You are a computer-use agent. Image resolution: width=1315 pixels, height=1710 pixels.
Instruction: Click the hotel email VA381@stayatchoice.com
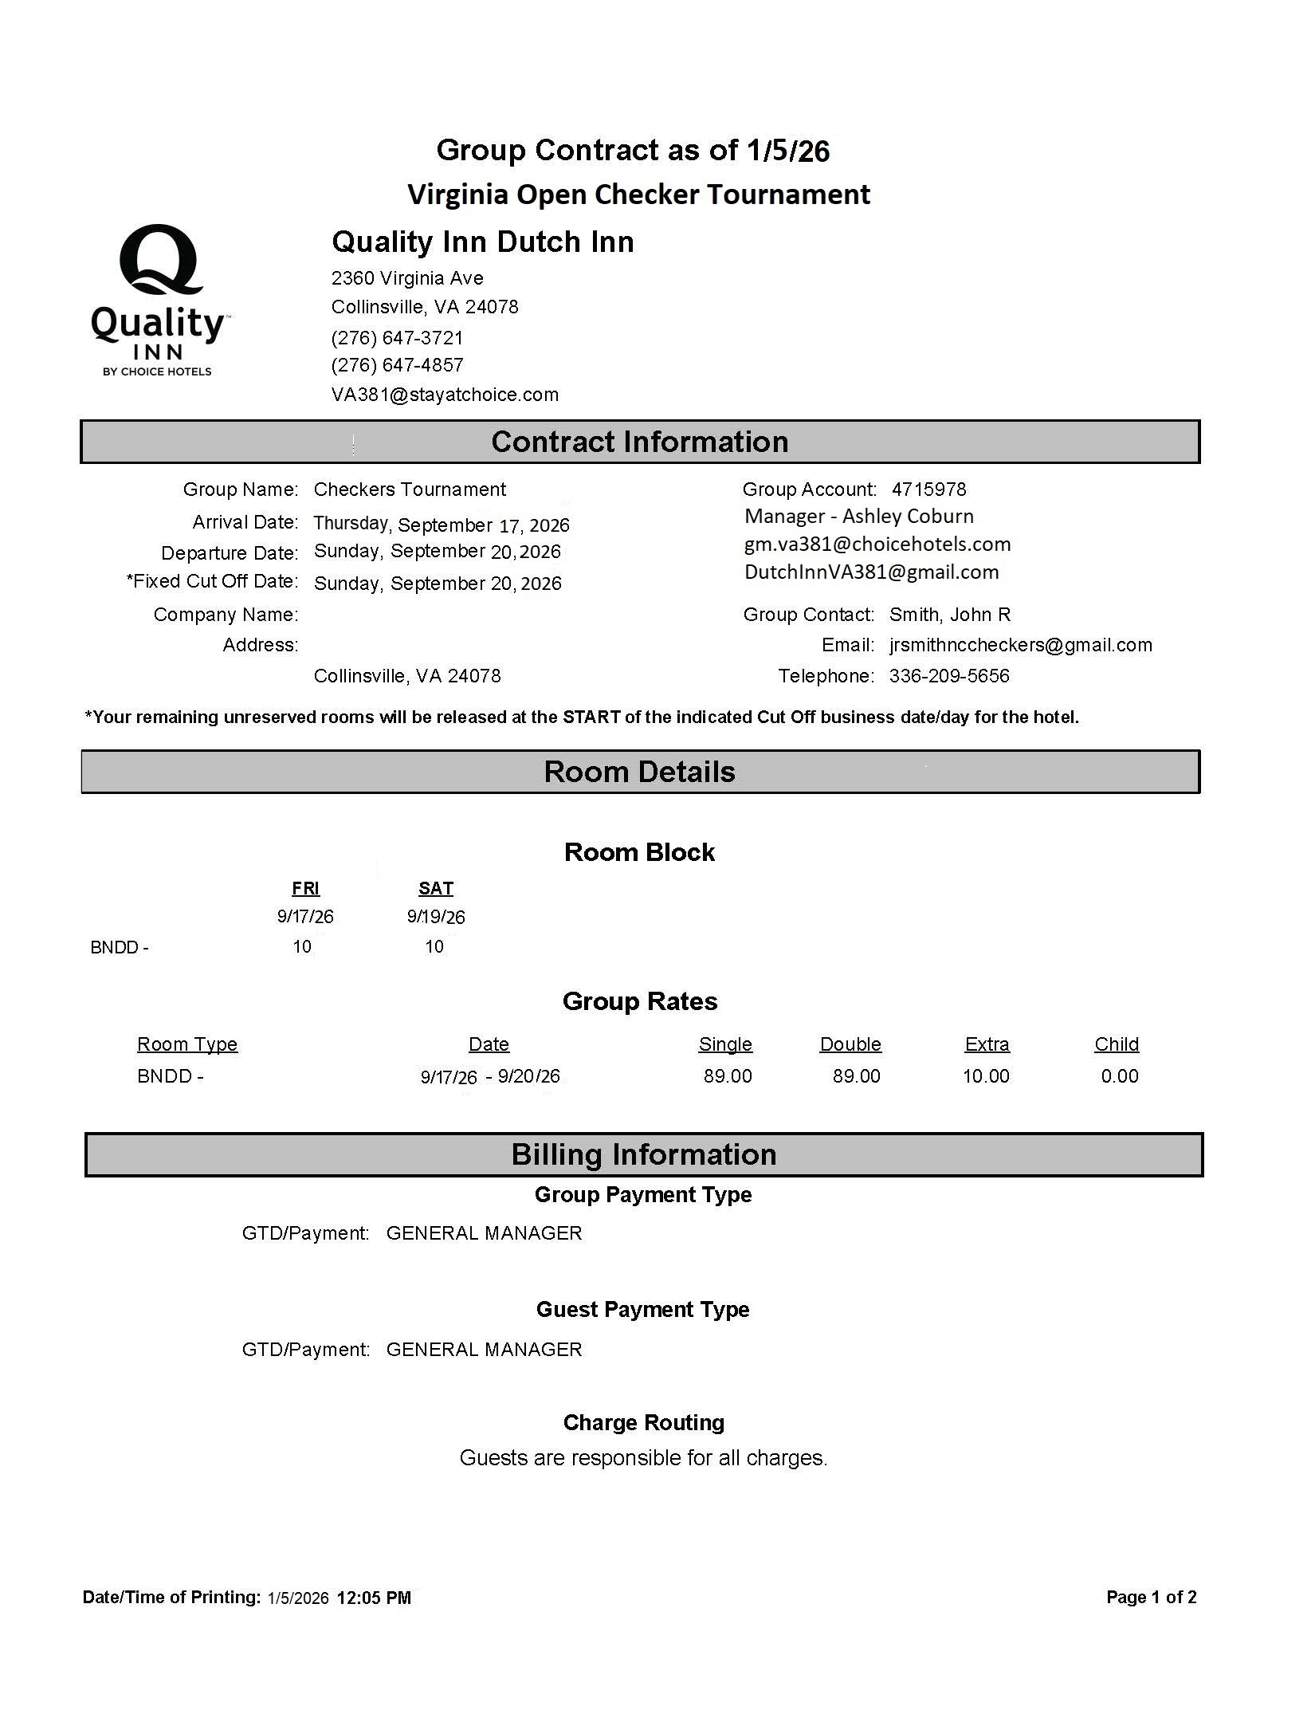click(x=445, y=395)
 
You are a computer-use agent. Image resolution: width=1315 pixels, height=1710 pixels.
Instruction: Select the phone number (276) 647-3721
click(x=397, y=338)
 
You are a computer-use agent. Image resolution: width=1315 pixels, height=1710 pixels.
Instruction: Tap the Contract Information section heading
click(x=639, y=442)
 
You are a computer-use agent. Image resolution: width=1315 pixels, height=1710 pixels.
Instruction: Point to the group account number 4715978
click(x=928, y=489)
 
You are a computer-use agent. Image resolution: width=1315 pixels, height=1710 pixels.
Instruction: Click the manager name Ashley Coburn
click(x=908, y=517)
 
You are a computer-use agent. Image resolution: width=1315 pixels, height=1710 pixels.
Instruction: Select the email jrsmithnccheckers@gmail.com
click(x=1020, y=645)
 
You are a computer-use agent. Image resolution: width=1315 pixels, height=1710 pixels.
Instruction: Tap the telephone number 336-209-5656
click(x=948, y=676)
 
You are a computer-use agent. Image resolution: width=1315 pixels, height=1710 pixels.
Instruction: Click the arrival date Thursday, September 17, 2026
click(x=442, y=524)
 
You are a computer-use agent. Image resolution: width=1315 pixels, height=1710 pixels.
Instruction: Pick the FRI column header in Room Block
click(x=305, y=888)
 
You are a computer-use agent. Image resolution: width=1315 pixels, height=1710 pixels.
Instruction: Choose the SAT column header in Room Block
click(x=435, y=888)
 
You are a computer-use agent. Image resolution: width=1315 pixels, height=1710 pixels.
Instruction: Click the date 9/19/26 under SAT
click(x=435, y=917)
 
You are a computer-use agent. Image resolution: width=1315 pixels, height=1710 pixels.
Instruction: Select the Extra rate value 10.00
click(x=986, y=1076)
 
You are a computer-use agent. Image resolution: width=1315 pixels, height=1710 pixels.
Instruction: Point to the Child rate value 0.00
click(x=1119, y=1076)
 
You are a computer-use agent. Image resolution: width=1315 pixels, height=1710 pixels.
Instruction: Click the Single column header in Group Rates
click(x=724, y=1044)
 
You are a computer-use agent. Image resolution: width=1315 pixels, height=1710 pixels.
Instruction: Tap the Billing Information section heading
click(x=643, y=1154)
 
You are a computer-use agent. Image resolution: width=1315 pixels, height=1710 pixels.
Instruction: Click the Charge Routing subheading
click(x=643, y=1422)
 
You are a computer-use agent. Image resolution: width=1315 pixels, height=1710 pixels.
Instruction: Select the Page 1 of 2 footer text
click(x=1151, y=1597)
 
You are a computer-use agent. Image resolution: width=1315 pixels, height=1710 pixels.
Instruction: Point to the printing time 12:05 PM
click(x=374, y=1598)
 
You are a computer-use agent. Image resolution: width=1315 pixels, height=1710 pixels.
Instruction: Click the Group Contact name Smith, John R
click(x=949, y=615)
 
